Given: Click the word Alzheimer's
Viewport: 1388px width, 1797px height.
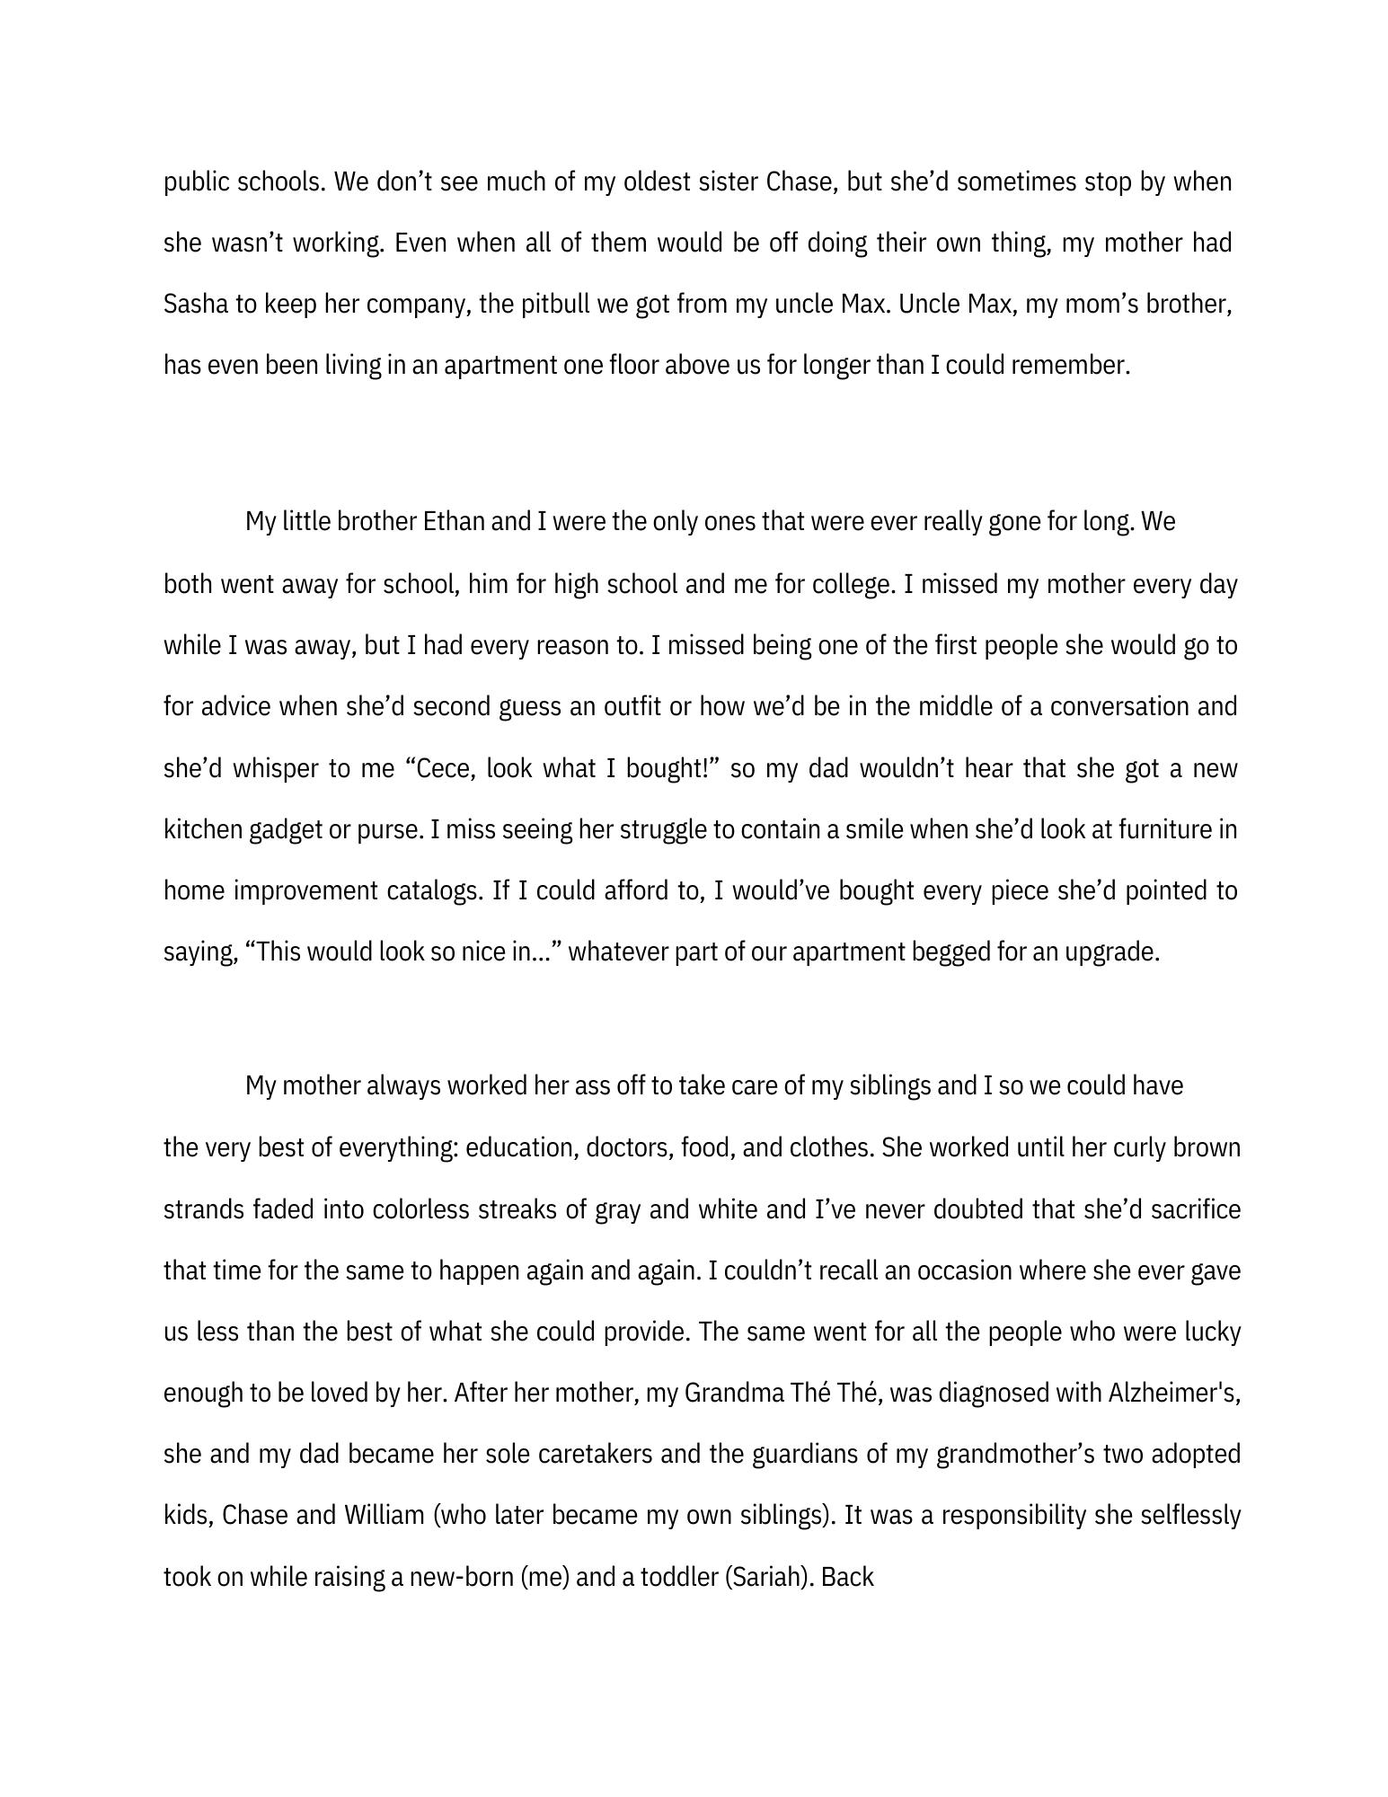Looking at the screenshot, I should click(x=1173, y=1393).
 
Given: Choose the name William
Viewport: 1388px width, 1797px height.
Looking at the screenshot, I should click(x=384, y=1516).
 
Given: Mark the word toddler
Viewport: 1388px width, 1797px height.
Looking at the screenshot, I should click(x=676, y=1577).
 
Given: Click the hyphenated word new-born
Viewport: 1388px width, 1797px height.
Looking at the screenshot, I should click(x=462, y=1577).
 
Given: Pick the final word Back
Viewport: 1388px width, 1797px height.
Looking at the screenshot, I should click(x=846, y=1577).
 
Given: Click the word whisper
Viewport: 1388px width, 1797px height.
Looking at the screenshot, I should click(x=273, y=769).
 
